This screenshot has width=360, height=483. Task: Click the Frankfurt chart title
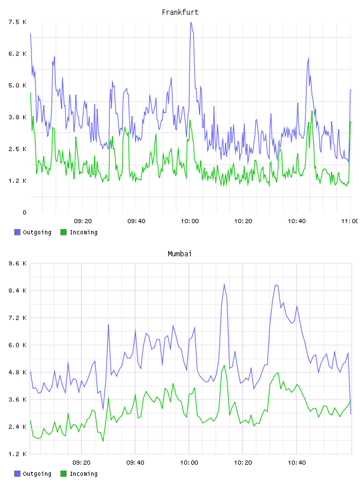click(180, 12)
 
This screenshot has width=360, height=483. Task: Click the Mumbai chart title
click(179, 254)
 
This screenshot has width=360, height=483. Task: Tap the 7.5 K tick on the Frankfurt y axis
click(18, 22)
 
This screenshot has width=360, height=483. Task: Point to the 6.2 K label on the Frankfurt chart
click(18, 54)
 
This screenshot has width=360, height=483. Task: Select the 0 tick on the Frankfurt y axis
click(24, 212)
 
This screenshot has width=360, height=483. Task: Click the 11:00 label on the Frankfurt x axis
click(350, 221)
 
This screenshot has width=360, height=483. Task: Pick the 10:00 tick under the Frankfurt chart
click(189, 221)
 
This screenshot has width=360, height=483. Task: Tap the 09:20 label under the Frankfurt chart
click(83, 221)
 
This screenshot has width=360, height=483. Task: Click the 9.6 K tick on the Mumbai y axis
click(18, 263)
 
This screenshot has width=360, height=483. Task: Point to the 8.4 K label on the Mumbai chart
click(18, 291)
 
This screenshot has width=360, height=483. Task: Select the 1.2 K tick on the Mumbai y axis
click(18, 454)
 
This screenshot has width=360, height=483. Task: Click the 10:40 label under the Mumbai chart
click(297, 462)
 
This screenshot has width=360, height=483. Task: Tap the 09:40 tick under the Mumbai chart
click(136, 462)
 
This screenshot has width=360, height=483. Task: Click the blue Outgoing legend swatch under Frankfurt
click(17, 232)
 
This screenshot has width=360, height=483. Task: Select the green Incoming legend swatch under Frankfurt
click(63, 232)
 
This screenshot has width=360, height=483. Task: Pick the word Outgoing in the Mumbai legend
click(37, 474)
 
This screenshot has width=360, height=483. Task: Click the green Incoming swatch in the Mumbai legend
click(63, 474)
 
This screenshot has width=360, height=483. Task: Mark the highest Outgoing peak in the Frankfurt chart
click(191, 22)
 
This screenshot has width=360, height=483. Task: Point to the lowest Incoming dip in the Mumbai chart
click(103, 441)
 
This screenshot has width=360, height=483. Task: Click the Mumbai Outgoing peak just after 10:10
click(224, 284)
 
